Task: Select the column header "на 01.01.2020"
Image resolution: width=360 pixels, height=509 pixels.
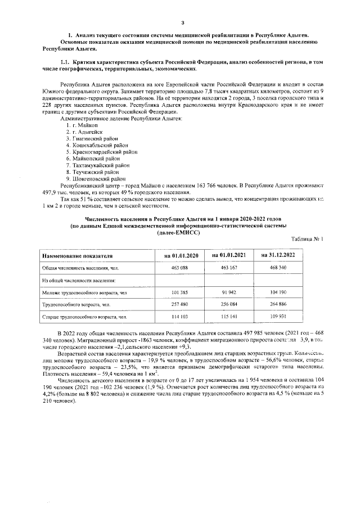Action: [180, 255]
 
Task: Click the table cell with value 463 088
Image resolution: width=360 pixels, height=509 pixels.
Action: [180, 268]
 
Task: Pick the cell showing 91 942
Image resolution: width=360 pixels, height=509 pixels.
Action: [229, 292]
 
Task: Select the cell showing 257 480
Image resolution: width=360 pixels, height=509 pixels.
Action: [180, 305]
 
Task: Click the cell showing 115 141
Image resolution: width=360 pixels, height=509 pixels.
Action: [229, 317]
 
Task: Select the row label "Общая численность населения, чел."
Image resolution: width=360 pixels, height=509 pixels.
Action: [80, 268]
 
